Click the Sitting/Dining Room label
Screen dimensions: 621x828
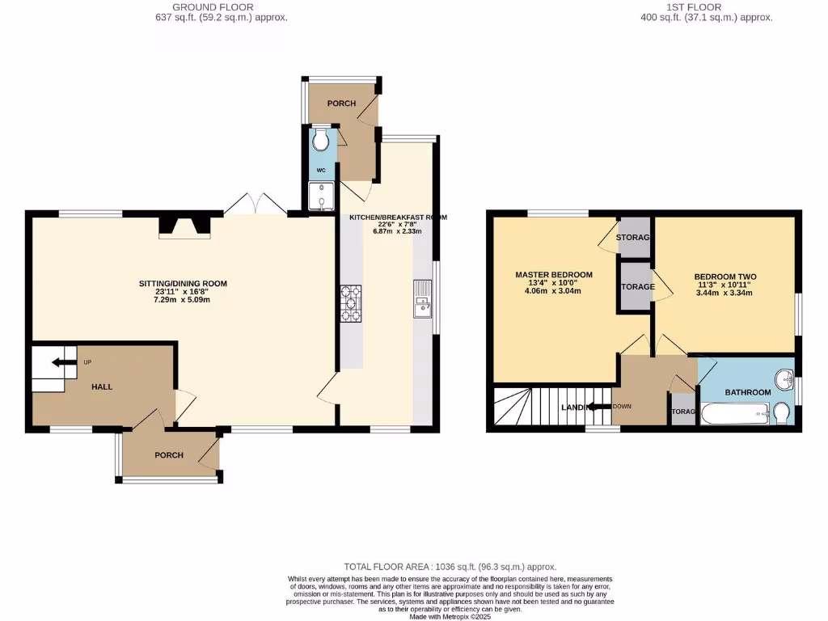click(182, 284)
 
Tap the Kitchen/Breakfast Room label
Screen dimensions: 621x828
click(397, 218)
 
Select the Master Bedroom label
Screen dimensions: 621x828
click(554, 275)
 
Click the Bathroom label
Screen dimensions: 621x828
click(747, 392)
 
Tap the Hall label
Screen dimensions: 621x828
click(102, 387)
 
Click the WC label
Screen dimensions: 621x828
click(321, 171)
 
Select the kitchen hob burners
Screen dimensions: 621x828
click(351, 302)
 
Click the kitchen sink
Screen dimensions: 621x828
click(423, 299)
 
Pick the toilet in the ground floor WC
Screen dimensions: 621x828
click(322, 142)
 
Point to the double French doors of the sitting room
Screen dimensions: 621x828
click(255, 205)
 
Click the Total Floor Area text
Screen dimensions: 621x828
click(451, 568)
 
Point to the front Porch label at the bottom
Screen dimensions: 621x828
click(169, 455)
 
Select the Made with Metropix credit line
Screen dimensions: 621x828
click(450, 616)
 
